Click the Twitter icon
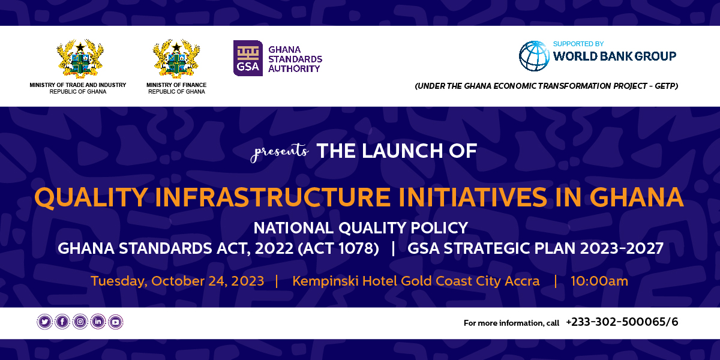click(44, 322)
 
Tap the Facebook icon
click(62, 322)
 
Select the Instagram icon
click(80, 322)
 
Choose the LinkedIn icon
click(98, 322)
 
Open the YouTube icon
click(116, 322)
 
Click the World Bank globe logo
click(534, 56)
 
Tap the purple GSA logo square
click(248, 58)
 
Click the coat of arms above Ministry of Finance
click(176, 59)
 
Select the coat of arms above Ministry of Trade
click(80, 59)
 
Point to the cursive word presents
click(280, 152)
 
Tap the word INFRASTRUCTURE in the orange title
click(273, 197)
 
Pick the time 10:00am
click(599, 281)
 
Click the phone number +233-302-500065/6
click(622, 322)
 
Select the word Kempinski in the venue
click(325, 281)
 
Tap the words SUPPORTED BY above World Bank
click(578, 44)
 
